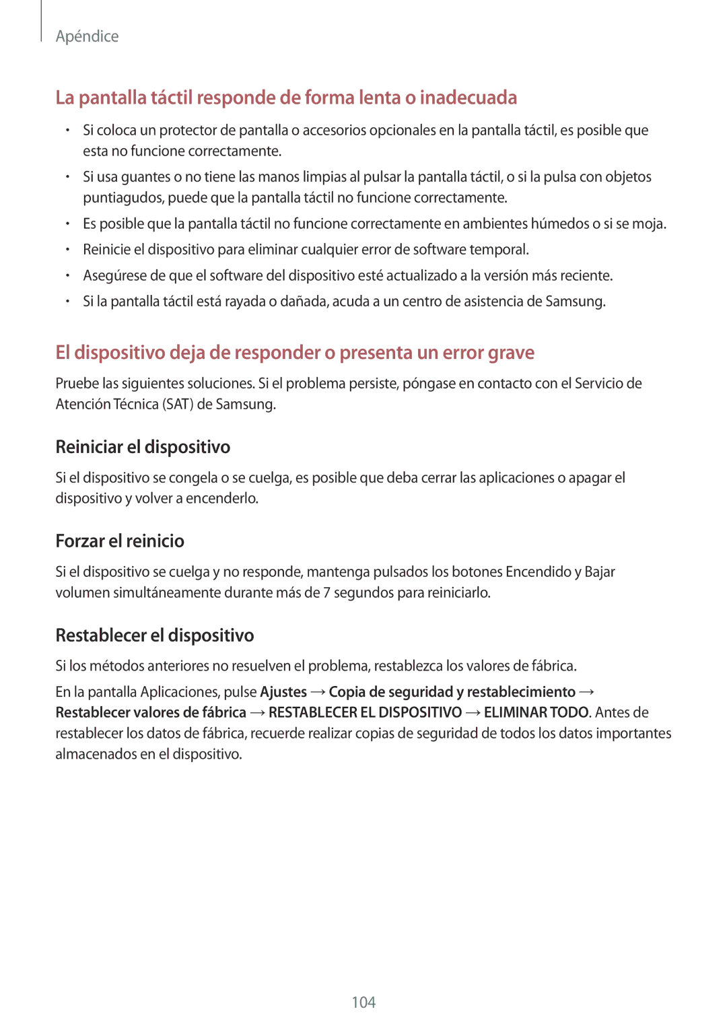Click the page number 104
tap(363, 1002)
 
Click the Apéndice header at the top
tap(87, 36)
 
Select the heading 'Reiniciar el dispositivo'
tap(143, 447)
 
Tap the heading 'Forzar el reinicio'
tap(120, 541)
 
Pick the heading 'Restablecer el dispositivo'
tap(155, 636)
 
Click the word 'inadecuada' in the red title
tap(469, 98)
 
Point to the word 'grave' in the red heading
tap(512, 353)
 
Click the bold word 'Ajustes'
tap(283, 692)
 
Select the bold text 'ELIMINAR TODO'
tap(536, 713)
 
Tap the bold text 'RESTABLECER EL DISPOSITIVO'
tap(365, 713)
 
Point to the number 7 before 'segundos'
tap(326, 593)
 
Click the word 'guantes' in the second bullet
tap(145, 177)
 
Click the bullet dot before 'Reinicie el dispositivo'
tap(68, 250)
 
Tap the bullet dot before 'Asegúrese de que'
tap(68, 276)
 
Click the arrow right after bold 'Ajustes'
tap(318, 692)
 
